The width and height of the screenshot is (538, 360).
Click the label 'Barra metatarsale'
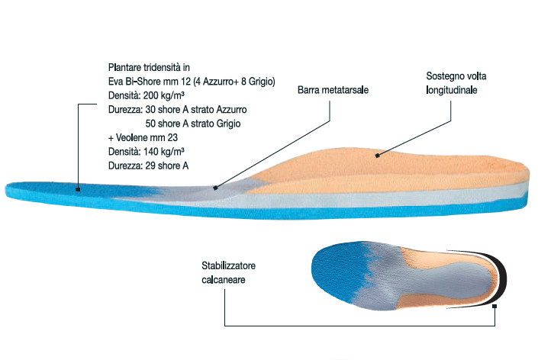coord(333,90)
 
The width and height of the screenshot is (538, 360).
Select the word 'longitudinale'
coord(452,90)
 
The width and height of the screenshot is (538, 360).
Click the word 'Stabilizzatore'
coord(228,265)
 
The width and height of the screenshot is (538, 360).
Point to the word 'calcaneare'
coord(224,280)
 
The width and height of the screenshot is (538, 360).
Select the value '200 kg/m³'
coord(163,95)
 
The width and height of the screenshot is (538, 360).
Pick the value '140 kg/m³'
coord(163,152)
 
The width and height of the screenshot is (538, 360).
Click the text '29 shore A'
coord(167,166)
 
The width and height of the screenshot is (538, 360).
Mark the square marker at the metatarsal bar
coord(215,188)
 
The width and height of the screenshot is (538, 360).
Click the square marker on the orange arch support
coord(378,156)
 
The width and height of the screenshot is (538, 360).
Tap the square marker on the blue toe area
coord(78,189)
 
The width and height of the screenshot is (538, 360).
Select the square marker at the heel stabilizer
coord(495,306)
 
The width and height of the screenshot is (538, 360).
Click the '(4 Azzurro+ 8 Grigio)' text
coord(234,82)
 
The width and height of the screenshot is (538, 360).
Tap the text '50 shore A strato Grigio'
coord(193,124)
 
